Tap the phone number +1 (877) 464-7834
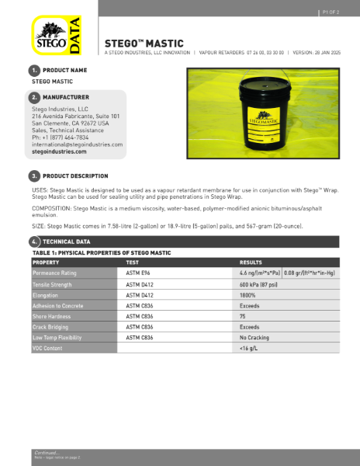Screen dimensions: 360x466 point(65,137)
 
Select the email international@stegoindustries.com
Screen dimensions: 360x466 point(77,144)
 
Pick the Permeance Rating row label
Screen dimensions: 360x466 point(54,273)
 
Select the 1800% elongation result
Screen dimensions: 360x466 point(248,295)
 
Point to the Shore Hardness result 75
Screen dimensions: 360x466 point(243,317)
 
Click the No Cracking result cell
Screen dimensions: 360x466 point(254,338)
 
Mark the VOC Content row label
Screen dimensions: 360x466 point(48,349)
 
